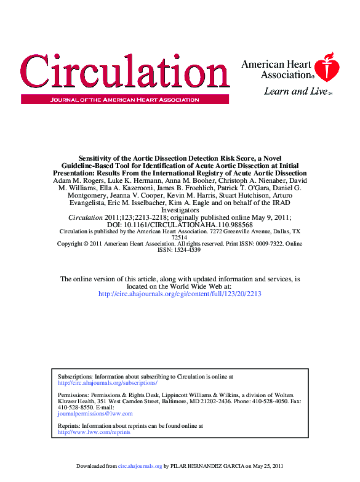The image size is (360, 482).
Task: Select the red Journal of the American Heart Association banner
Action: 124,99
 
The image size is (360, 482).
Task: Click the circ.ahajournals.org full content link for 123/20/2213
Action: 180,294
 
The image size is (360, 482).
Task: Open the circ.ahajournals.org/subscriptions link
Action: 107,382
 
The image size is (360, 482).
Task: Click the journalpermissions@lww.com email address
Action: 95,414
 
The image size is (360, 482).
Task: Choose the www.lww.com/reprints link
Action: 94,432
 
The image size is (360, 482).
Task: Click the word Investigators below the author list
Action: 180,211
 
